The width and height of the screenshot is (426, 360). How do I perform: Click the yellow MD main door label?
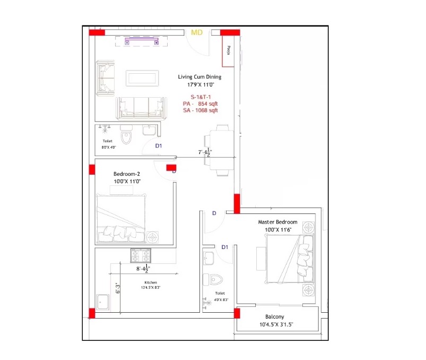point(197,32)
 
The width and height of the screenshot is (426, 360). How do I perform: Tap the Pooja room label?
point(229,50)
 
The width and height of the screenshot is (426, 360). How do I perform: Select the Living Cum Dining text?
point(199,77)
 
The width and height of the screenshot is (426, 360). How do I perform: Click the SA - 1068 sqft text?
point(201,110)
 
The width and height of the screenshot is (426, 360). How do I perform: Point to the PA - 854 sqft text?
point(200,104)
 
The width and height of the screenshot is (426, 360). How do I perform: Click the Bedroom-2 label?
point(127,174)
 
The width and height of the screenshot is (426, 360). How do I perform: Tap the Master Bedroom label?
point(277,222)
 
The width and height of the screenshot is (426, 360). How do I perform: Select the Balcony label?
point(275,317)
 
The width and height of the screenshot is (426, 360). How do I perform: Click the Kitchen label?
point(151,282)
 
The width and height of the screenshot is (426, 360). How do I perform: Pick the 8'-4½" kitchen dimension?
point(143,268)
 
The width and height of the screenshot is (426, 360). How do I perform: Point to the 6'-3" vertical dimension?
point(118,288)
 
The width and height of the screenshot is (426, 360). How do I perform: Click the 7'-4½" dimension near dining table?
point(205,152)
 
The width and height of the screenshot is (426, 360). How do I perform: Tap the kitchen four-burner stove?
point(141,255)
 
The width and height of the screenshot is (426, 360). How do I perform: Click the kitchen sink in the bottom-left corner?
point(103,302)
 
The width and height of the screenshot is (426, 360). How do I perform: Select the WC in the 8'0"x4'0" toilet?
point(126,138)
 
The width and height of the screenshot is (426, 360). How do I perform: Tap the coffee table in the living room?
point(142,78)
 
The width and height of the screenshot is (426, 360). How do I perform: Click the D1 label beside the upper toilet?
point(159,146)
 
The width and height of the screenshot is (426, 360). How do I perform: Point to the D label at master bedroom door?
point(214,213)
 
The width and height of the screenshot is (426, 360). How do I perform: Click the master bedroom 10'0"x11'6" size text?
point(278,230)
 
